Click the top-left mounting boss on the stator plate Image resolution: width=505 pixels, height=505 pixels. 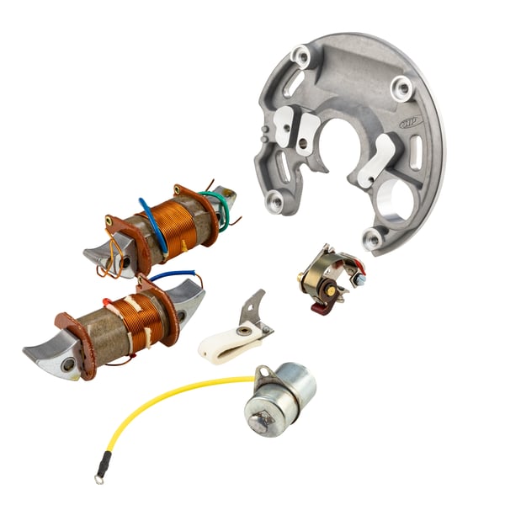(x=301, y=56)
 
